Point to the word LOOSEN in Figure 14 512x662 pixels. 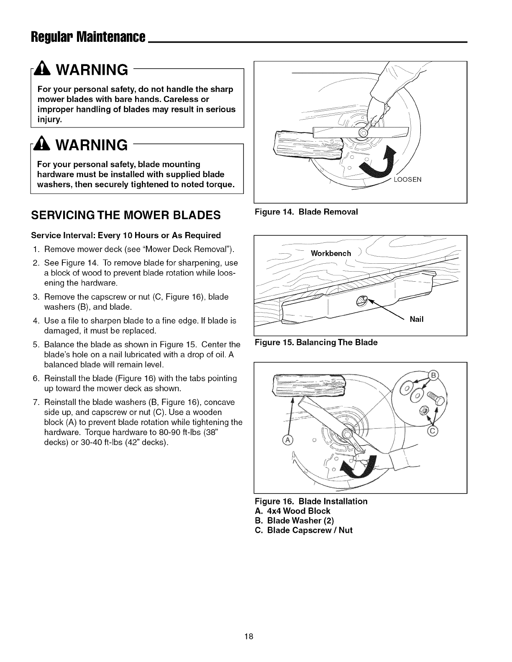click(408, 180)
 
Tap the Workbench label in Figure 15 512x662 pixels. click(330, 254)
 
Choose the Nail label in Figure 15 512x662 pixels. click(417, 319)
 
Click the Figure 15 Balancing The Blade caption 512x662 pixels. click(316, 343)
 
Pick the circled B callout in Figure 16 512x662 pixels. click(434, 374)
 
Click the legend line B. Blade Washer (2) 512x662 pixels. click(300, 520)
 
